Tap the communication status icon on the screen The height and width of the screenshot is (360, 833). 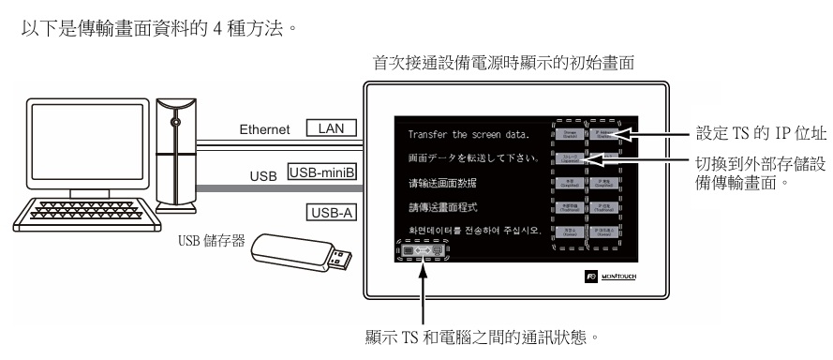pos(418,252)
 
